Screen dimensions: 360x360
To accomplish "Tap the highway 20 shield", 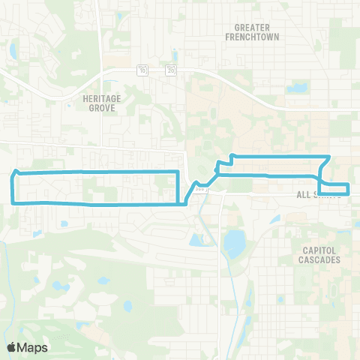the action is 172,70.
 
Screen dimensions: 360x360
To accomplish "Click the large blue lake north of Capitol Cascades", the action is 234,243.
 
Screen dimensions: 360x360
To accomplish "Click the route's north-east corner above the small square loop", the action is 328,157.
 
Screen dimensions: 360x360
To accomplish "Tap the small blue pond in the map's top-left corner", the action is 12,52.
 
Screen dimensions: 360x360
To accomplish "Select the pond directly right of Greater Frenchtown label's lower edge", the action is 298,88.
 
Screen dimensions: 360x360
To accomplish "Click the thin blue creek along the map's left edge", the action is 5,262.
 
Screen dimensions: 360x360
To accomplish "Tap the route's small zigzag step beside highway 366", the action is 217,167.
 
